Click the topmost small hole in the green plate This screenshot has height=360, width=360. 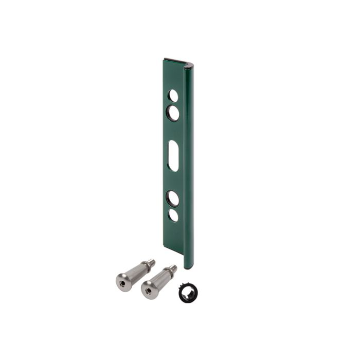[x=173, y=96]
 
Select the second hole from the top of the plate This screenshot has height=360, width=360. [x=173, y=113]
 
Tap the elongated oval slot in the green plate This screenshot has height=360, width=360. [x=174, y=156]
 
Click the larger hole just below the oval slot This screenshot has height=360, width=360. [x=173, y=198]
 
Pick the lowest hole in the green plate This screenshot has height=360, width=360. [x=174, y=215]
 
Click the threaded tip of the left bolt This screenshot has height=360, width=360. [x=149, y=262]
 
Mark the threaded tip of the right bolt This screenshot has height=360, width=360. [x=173, y=268]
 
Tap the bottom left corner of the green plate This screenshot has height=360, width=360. [x=166, y=247]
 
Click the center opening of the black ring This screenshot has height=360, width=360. [x=186, y=292]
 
